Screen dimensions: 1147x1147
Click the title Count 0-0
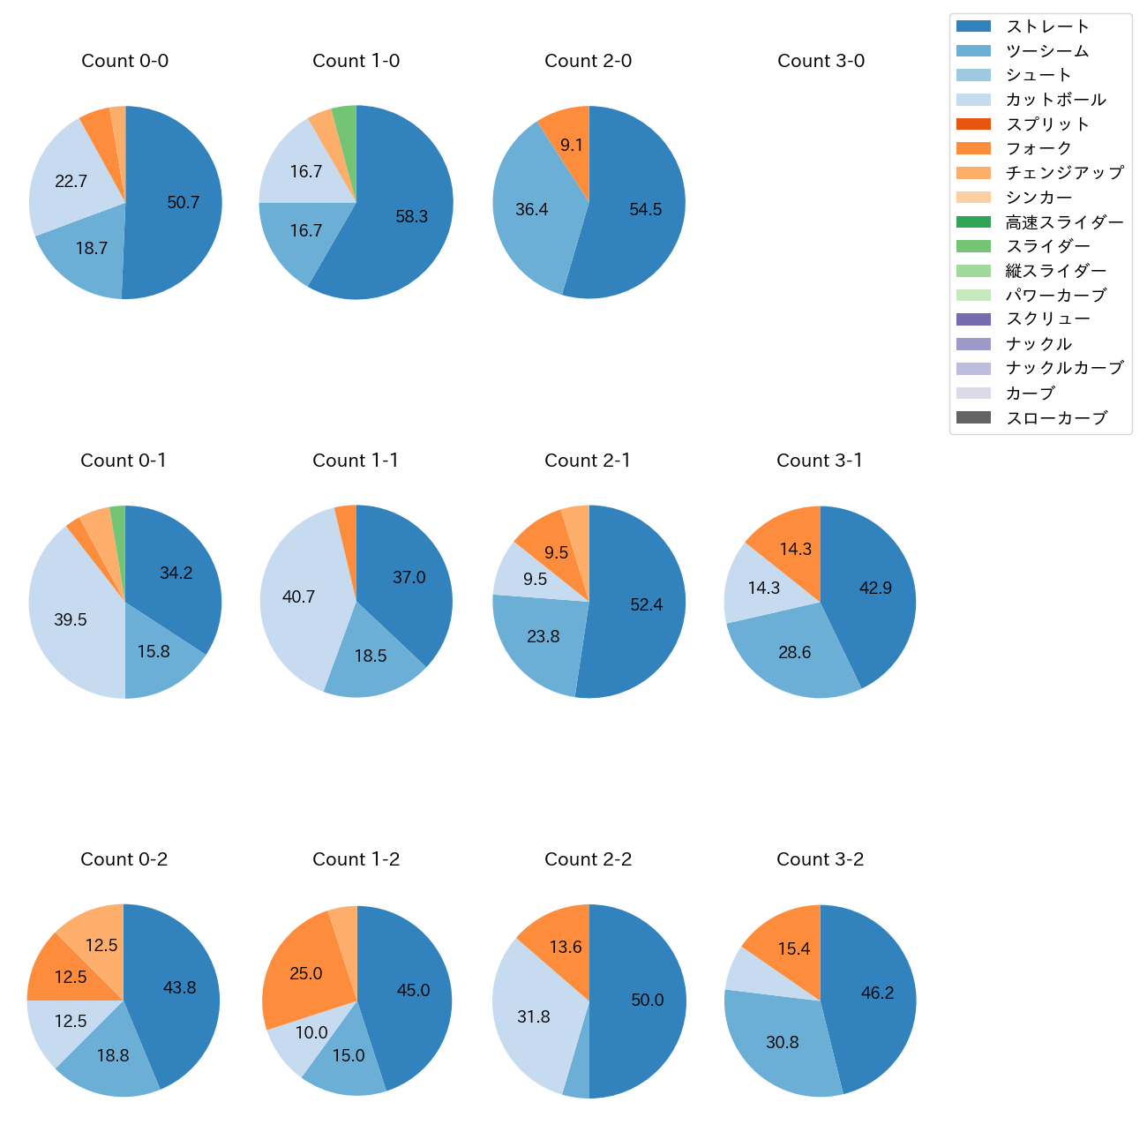tap(125, 61)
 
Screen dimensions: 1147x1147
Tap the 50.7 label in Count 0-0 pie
tap(184, 203)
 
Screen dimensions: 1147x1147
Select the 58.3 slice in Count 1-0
tap(411, 217)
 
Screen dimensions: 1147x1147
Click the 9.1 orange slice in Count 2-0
tap(571, 145)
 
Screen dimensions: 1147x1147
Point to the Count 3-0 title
tap(821, 61)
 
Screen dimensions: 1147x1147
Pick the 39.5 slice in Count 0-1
tap(71, 620)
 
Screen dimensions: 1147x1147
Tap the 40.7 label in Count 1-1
tap(298, 597)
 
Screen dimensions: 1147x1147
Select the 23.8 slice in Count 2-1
tap(543, 636)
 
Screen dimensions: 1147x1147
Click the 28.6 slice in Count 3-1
tap(794, 653)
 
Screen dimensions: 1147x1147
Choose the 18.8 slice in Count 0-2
tap(113, 1055)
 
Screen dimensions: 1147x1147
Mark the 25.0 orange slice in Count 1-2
tap(306, 974)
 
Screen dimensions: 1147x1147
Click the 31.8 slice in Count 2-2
tap(534, 1017)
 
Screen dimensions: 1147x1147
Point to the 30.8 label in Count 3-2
tap(783, 1043)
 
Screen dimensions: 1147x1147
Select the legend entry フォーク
tap(1038, 148)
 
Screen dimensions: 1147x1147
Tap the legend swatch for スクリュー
tap(973, 319)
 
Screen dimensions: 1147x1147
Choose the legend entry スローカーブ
tap(1056, 418)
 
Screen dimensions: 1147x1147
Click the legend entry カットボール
tap(1055, 100)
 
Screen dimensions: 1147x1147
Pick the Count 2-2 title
tap(588, 859)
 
